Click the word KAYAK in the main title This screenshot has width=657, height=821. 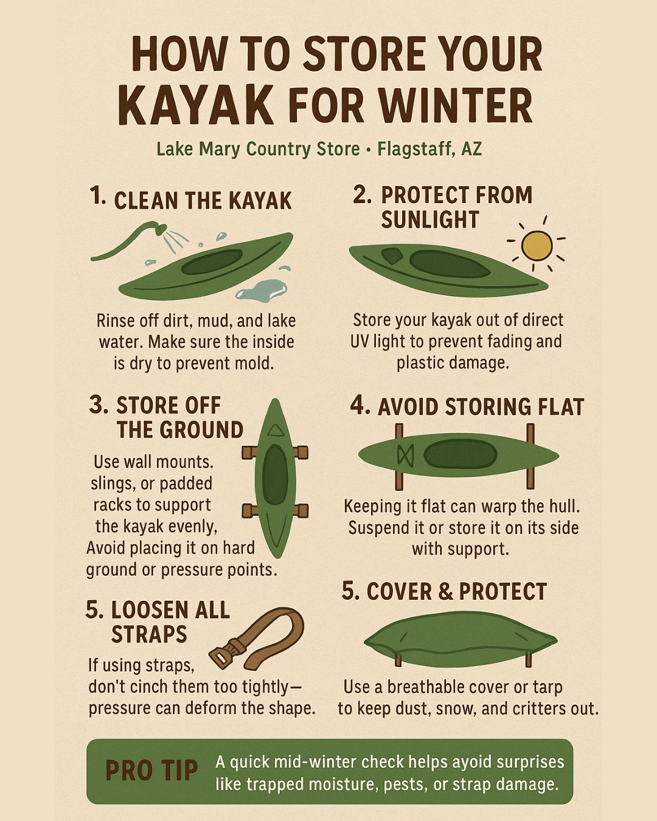tap(196, 106)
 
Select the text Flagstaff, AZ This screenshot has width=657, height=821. tap(429, 149)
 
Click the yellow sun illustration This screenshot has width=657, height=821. tap(537, 245)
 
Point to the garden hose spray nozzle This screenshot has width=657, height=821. tap(160, 229)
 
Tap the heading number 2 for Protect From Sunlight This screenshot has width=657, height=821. tap(362, 195)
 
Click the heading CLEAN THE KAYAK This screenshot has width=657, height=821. tap(203, 201)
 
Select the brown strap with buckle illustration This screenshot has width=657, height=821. tap(258, 639)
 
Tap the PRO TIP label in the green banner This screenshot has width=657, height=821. tap(151, 771)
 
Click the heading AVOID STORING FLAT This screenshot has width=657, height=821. tap(481, 407)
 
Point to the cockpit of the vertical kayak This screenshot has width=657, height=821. tap(275, 474)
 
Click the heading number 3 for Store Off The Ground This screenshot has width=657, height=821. tap(99, 405)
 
